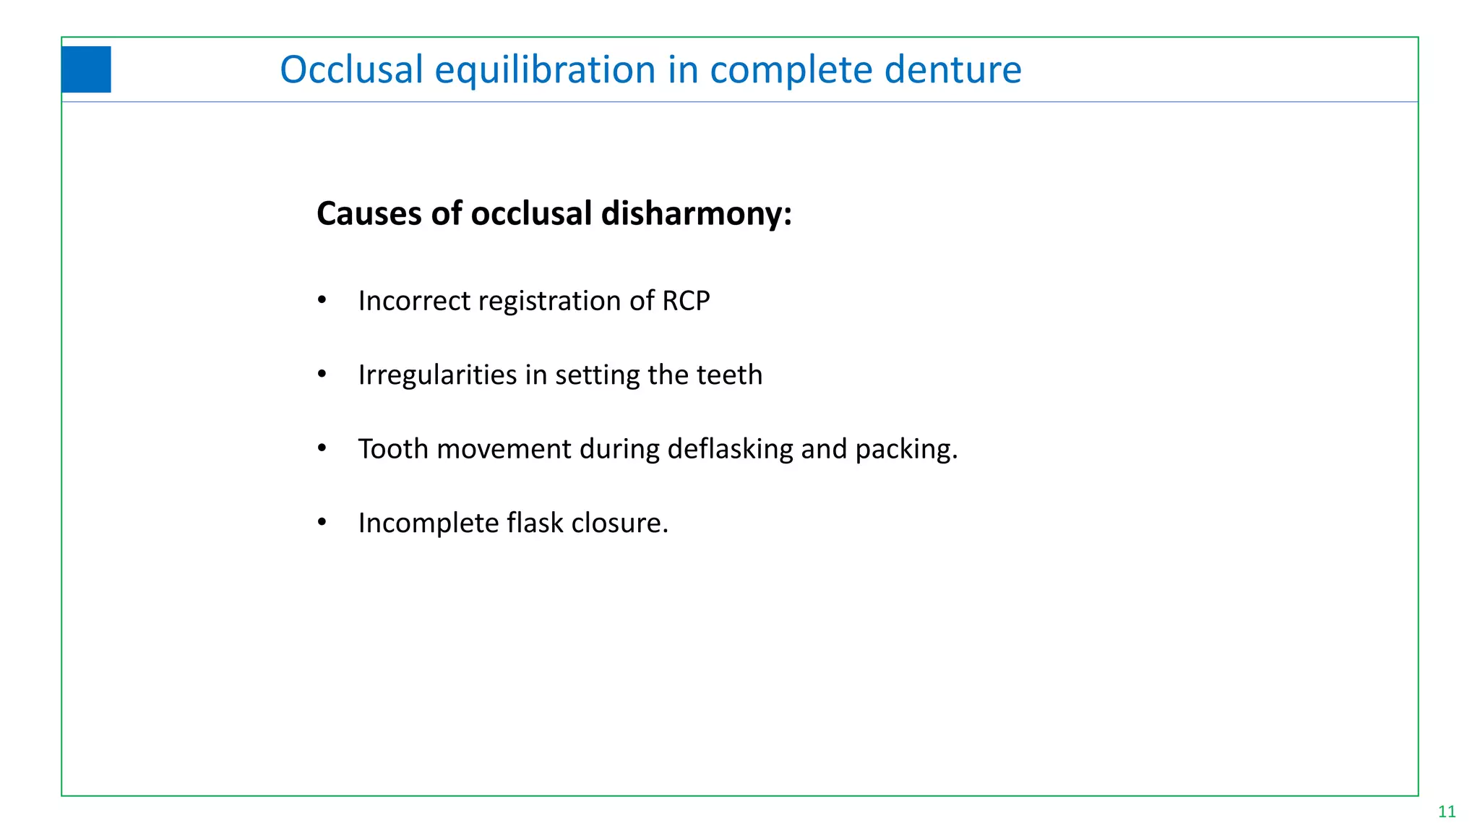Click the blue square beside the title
(x=86, y=69)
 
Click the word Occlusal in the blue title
(x=351, y=69)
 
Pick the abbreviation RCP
(x=686, y=301)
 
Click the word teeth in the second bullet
(x=729, y=375)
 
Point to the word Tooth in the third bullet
(x=393, y=449)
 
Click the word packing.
(x=906, y=449)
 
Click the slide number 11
(x=1447, y=811)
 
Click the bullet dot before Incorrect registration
(x=322, y=299)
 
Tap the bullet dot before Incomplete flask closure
(x=322, y=521)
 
